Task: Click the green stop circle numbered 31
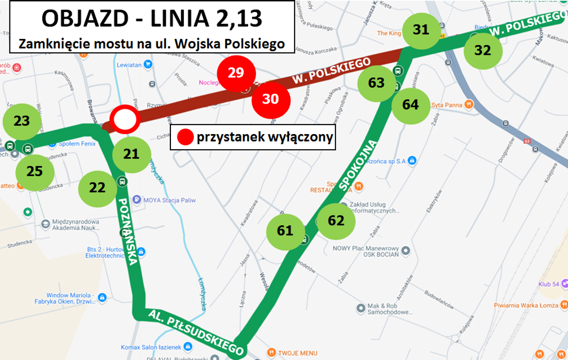click(422, 30)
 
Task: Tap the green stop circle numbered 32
click(483, 50)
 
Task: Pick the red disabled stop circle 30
click(271, 99)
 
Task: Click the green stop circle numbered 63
click(377, 82)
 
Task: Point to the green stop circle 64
click(411, 105)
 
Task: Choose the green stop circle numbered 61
click(285, 231)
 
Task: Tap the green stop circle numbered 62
click(336, 220)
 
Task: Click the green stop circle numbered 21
click(131, 154)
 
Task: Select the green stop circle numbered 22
click(98, 187)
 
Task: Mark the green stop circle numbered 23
click(22, 121)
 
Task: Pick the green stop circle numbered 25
click(35, 172)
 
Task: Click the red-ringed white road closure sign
click(125, 120)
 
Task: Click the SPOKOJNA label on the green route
click(359, 165)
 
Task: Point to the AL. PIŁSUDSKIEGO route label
click(196, 330)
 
